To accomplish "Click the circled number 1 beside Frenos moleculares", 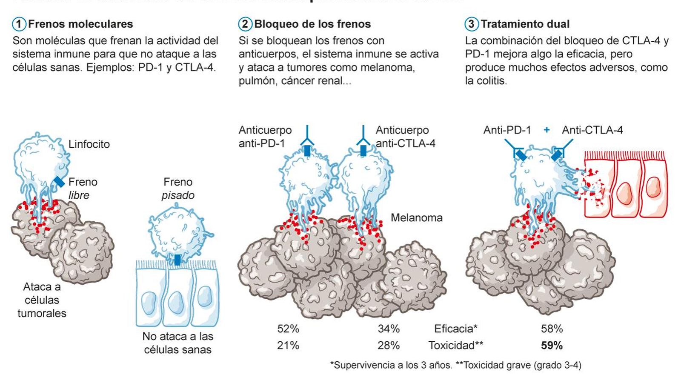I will click(19, 24).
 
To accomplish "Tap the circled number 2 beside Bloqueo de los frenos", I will click(245, 24).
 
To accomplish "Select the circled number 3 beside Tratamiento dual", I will click(471, 24).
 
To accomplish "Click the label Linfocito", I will click(89, 144).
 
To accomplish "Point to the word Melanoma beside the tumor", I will click(416, 218).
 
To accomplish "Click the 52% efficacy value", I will click(288, 329).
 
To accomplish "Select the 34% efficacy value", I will click(389, 329).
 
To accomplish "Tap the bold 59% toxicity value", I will click(552, 346).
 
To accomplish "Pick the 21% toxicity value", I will click(288, 346).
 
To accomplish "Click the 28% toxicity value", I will click(389, 346).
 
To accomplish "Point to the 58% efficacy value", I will click(552, 329).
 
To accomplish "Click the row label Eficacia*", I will click(455, 329).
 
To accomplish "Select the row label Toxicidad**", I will click(455, 346).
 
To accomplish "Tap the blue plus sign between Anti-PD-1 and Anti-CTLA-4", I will click(547, 130).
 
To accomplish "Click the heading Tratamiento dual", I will click(525, 24).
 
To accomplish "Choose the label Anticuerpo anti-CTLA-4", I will click(405, 137).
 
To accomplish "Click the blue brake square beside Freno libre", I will click(59, 182).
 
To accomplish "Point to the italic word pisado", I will click(178, 195).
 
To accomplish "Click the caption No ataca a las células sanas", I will click(177, 343).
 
